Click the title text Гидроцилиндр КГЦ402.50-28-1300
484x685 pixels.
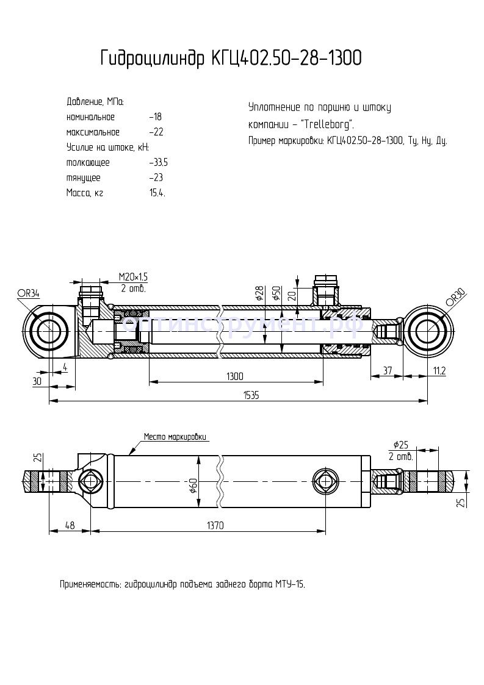pos(231,59)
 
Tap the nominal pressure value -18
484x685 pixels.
pos(155,117)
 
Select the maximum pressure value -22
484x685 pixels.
pos(156,132)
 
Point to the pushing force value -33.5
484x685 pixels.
pos(158,163)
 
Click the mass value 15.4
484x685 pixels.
pos(157,193)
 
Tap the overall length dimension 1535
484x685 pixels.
pos(251,395)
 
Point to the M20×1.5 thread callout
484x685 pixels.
pos(133,277)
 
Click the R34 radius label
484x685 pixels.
pos(29,293)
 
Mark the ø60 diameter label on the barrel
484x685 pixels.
pos(193,486)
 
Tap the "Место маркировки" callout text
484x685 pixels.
pos(176,437)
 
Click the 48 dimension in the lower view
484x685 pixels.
pos(69,525)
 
